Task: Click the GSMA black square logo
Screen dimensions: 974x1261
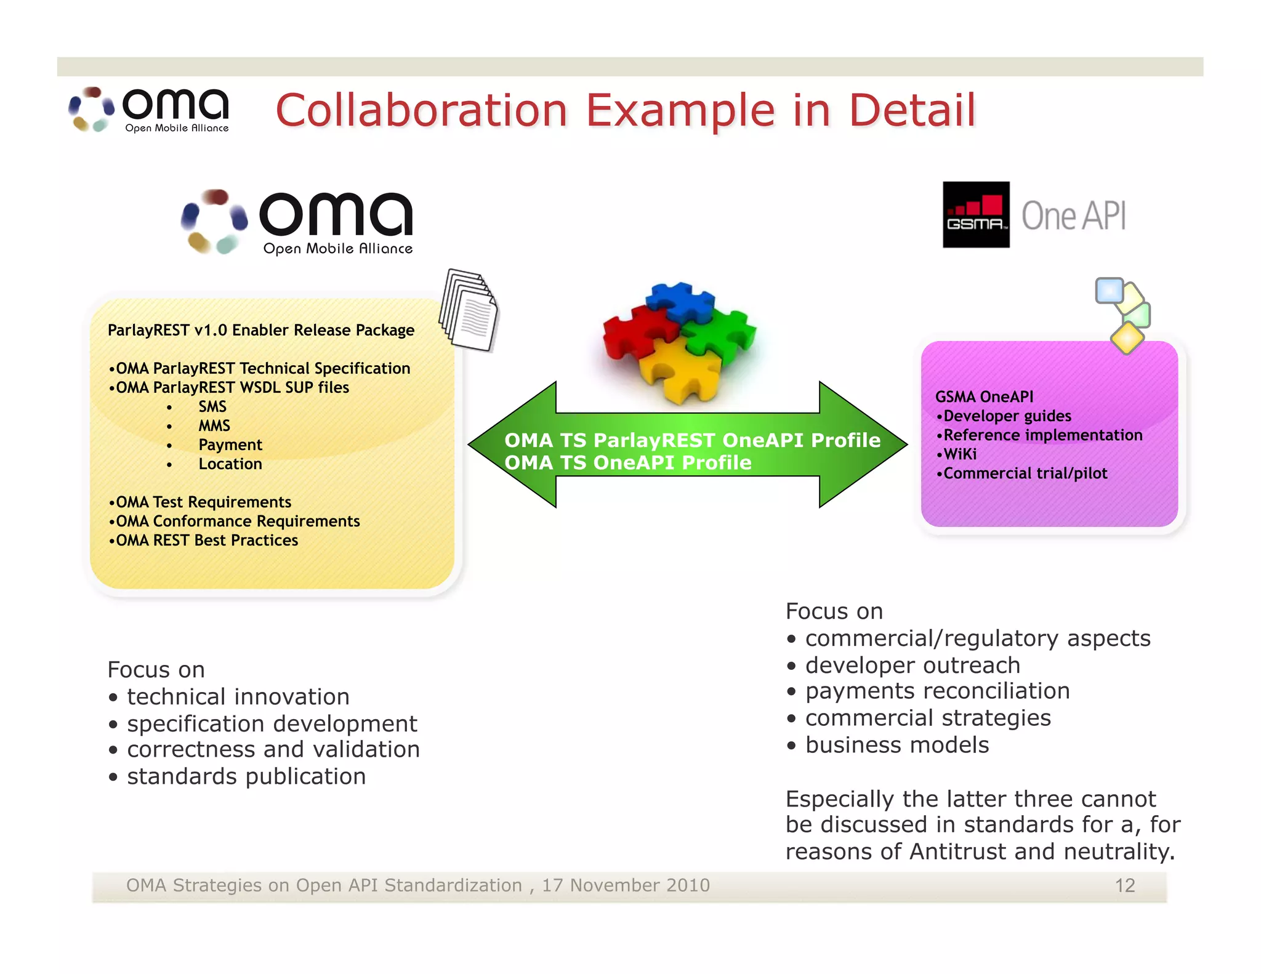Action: click(976, 214)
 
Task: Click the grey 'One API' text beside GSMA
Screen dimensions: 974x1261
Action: click(1074, 216)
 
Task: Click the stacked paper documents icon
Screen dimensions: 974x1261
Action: click(469, 310)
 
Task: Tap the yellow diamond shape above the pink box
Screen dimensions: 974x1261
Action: click(1127, 338)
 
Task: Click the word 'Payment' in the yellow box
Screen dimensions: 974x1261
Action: click(230, 445)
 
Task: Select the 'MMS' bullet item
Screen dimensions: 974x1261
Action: click(214, 425)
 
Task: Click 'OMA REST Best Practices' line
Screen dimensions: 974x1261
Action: click(204, 540)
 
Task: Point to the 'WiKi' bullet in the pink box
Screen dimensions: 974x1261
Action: click(959, 454)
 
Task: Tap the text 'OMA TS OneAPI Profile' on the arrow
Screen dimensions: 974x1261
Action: click(627, 463)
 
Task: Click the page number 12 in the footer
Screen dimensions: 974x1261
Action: click(1124, 885)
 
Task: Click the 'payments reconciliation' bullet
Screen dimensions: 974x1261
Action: click(937, 691)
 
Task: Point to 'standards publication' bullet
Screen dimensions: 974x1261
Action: click(246, 776)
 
